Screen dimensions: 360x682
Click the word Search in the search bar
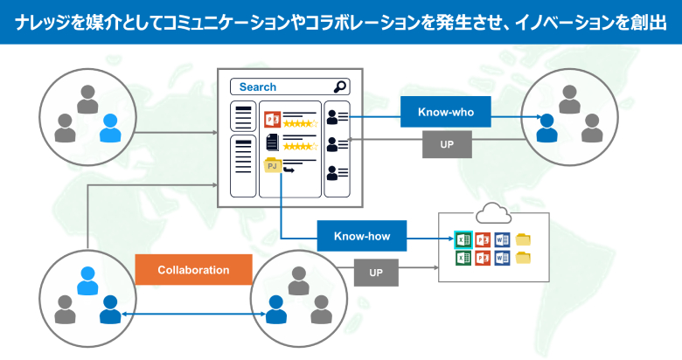coord(257,87)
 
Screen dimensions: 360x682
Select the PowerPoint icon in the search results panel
coord(271,119)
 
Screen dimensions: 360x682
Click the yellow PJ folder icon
coord(272,164)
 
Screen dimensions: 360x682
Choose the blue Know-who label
coord(445,112)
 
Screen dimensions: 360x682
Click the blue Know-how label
coord(361,236)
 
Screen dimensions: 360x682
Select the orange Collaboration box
coord(193,270)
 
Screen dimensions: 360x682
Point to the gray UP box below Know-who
coord(447,144)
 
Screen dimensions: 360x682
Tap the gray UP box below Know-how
coord(376,273)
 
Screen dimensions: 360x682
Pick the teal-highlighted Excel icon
coord(463,239)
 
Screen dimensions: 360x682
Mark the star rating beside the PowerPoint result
coord(299,124)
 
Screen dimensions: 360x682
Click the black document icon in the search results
coord(271,142)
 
